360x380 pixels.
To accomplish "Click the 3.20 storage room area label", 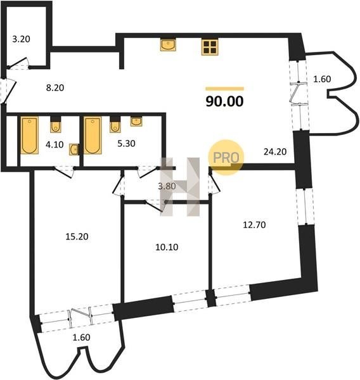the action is (x=21, y=39).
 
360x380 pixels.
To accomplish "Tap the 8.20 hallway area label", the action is (x=55, y=88).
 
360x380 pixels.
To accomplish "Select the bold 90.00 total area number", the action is (x=224, y=101).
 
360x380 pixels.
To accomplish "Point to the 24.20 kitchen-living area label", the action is (x=275, y=152).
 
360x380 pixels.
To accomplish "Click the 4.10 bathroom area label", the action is (x=55, y=144).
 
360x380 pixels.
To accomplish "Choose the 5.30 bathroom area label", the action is (x=126, y=144).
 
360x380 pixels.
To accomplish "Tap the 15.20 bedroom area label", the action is (x=77, y=236).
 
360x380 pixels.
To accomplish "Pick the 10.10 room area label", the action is (x=167, y=247).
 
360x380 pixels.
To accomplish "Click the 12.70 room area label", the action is (x=254, y=225).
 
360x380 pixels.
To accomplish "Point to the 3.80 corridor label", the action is (x=167, y=186).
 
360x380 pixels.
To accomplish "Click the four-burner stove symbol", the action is (x=210, y=47).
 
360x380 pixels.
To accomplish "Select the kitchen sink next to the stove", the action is (x=168, y=45).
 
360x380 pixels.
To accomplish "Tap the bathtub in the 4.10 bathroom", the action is (x=29, y=136).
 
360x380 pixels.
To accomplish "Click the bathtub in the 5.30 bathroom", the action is (x=93, y=136).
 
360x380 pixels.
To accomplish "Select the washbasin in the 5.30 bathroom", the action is (x=136, y=121).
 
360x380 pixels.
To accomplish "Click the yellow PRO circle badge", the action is (x=226, y=157).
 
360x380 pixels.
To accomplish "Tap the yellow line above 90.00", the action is (x=224, y=89).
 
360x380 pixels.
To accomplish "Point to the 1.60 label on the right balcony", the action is (x=322, y=79).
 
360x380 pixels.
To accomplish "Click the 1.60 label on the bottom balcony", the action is (x=82, y=338).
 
